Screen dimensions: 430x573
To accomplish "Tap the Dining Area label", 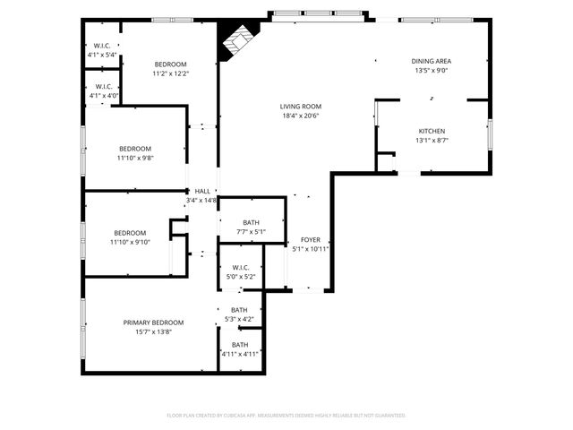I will pos(431,61).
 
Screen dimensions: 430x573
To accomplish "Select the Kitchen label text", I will pos(431,131).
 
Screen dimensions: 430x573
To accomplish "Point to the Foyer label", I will pos(310,240).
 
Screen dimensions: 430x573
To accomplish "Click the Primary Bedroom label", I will pos(153,322).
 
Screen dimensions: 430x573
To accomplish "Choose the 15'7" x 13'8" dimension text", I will pos(153,332).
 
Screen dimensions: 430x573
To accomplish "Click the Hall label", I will pos(203,191).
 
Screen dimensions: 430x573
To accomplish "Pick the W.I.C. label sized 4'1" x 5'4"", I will pos(102,46).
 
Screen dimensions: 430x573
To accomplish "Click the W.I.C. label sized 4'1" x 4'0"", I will pos(102,87).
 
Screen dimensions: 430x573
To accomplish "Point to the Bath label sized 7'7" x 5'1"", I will pos(251,223).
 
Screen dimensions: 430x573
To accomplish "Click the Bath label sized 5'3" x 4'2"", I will pos(239,310).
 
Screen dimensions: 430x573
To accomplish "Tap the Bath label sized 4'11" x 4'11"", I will pos(240,345).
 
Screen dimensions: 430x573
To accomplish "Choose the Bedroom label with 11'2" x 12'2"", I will pos(170,64).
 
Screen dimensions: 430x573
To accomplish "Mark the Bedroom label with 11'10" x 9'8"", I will pos(134,149).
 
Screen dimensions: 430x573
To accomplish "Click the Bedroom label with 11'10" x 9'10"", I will pos(129,233).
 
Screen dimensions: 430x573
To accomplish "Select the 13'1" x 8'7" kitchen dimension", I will pos(431,141).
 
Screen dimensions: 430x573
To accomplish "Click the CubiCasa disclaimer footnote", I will pos(286,415).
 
